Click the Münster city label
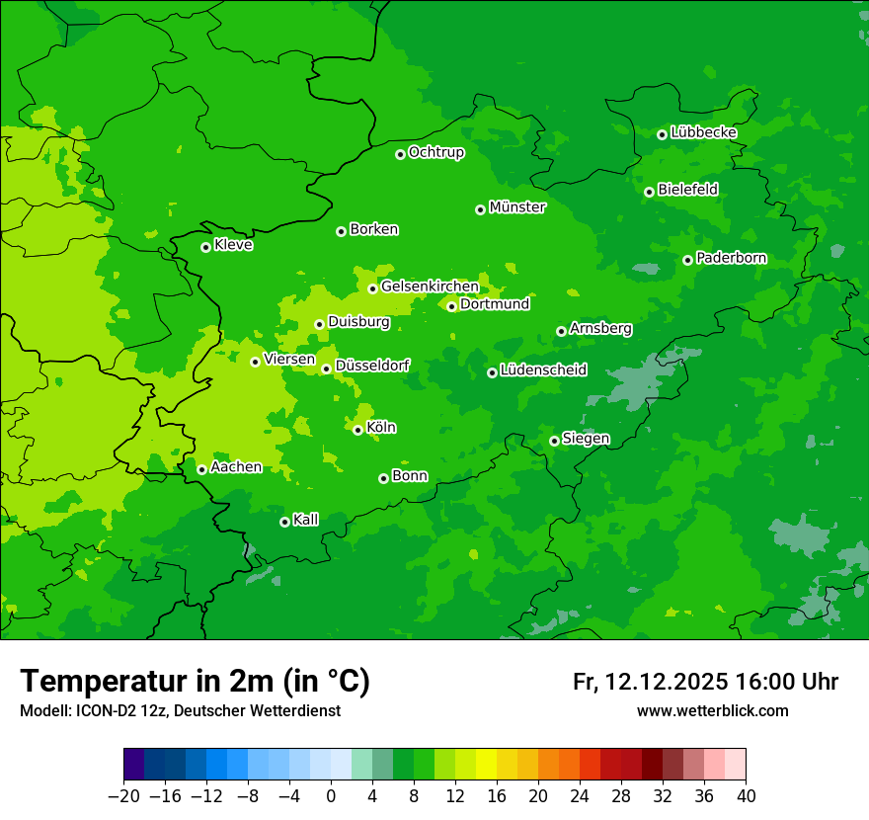[x=517, y=207]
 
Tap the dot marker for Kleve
[x=205, y=247]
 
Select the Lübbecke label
[x=703, y=132]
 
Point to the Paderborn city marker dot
[x=687, y=260]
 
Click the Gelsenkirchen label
[x=430, y=287]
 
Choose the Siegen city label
[x=586, y=439]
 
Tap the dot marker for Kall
[x=284, y=522]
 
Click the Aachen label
[x=236, y=467]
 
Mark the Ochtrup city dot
[x=400, y=154]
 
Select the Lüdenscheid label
[x=543, y=370]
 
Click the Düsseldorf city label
[x=372, y=366]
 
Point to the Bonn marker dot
[x=383, y=478]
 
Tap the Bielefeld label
[x=687, y=189]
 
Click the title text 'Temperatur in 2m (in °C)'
[x=196, y=681]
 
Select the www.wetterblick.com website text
[x=712, y=710]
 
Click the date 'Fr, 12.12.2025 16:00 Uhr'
[x=705, y=682]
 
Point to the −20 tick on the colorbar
[x=124, y=796]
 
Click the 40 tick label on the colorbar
[x=746, y=796]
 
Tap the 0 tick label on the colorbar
[x=331, y=796]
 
